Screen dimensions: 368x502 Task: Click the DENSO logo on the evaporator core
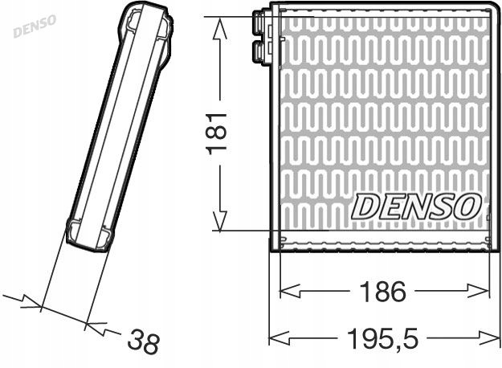(415, 206)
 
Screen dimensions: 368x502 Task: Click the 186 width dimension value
(384, 290)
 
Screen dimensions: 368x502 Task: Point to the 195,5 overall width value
(383, 337)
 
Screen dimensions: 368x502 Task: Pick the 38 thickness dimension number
(145, 343)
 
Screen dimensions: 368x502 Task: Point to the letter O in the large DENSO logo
(467, 206)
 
